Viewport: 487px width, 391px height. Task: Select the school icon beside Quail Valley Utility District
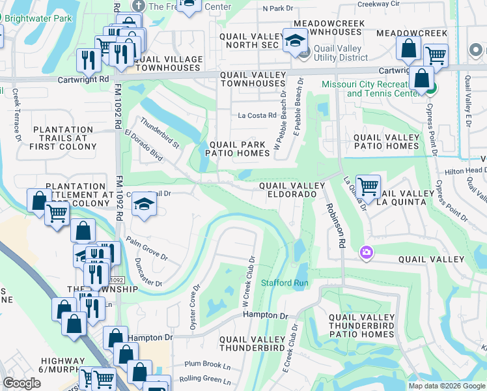295,40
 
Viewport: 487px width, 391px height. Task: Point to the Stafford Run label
285,283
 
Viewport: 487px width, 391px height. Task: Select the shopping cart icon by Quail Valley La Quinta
369,186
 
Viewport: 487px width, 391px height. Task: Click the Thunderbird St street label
160,132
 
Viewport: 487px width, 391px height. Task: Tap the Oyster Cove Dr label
195,307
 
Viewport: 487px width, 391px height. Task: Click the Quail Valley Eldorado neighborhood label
292,190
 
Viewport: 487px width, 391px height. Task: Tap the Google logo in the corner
22,383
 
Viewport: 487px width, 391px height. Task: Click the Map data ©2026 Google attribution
446,386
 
